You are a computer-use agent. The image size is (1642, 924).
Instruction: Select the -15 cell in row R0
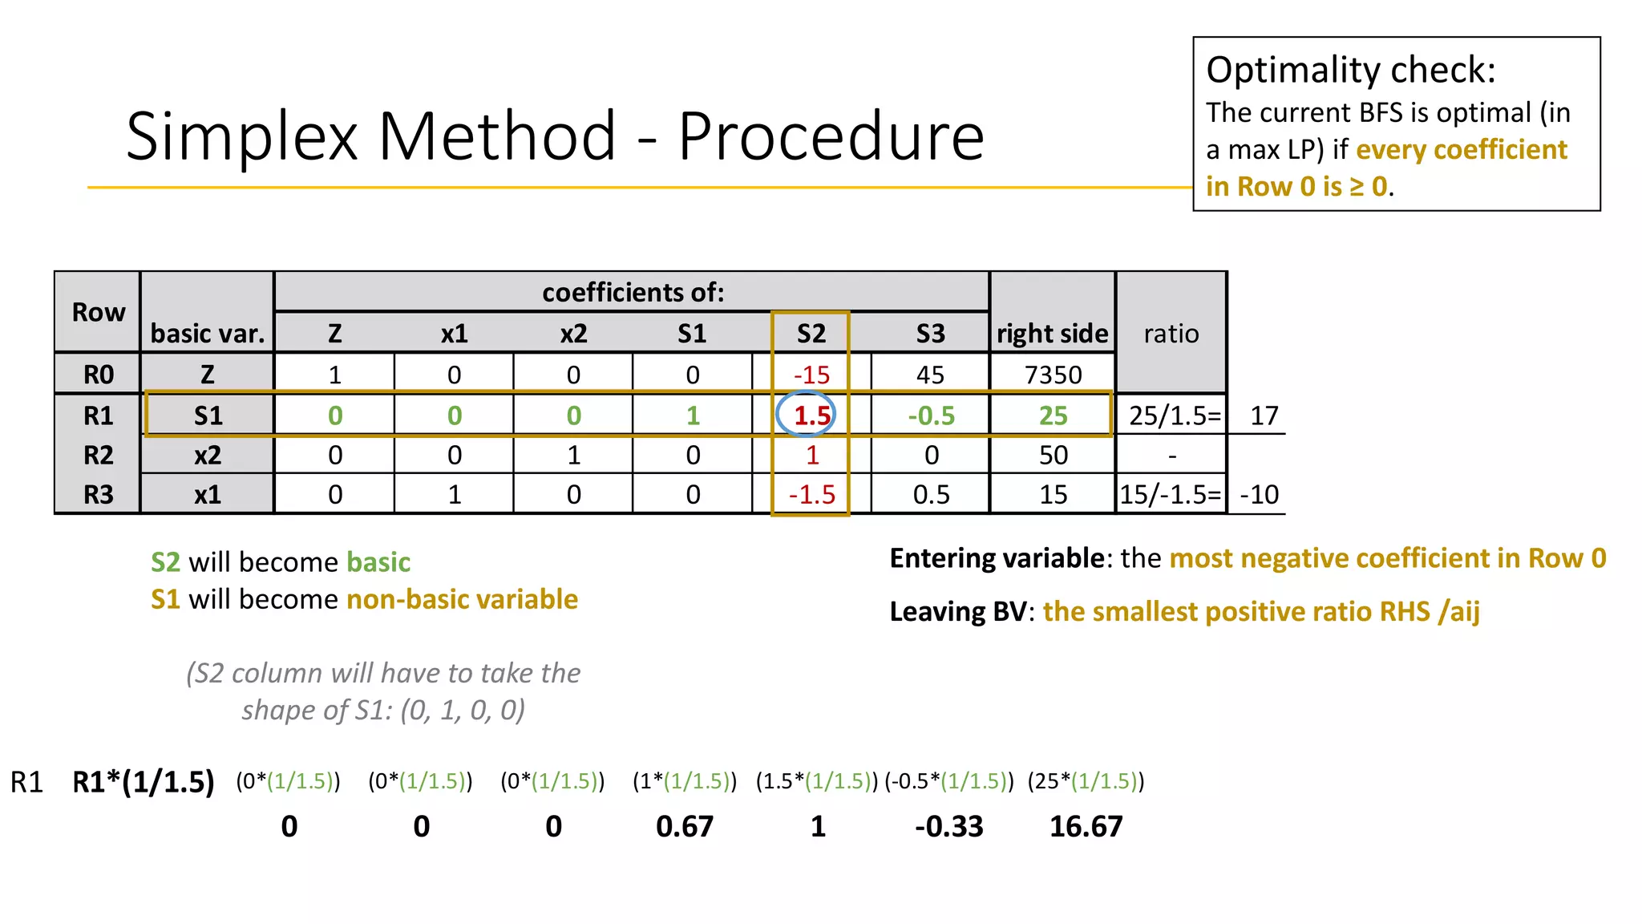pos(811,375)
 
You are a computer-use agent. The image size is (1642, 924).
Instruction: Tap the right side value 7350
pos(1053,375)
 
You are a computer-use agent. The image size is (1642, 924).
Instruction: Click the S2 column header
pos(811,334)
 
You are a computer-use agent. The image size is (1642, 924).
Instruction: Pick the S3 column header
pos(930,334)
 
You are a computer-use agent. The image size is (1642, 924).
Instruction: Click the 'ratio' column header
pos(1171,334)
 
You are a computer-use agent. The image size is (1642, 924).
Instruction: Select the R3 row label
pos(99,495)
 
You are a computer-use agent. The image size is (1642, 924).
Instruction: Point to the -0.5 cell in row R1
pos(931,415)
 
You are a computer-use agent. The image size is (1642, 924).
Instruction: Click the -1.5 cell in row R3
pos(811,495)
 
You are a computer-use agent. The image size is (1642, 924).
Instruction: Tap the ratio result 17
pos(1264,415)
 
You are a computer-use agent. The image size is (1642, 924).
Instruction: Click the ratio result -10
pos(1259,495)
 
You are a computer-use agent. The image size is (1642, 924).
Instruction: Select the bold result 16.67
pos(1086,827)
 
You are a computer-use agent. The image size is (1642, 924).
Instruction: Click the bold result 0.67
pos(684,827)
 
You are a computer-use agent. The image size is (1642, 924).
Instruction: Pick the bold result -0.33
pos(948,827)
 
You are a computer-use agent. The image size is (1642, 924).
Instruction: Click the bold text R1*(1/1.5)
pos(144,782)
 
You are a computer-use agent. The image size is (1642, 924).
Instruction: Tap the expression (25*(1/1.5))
pos(1086,781)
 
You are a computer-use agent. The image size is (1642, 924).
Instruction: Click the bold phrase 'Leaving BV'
pos(957,612)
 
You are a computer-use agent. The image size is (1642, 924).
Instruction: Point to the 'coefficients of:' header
pos(633,293)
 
